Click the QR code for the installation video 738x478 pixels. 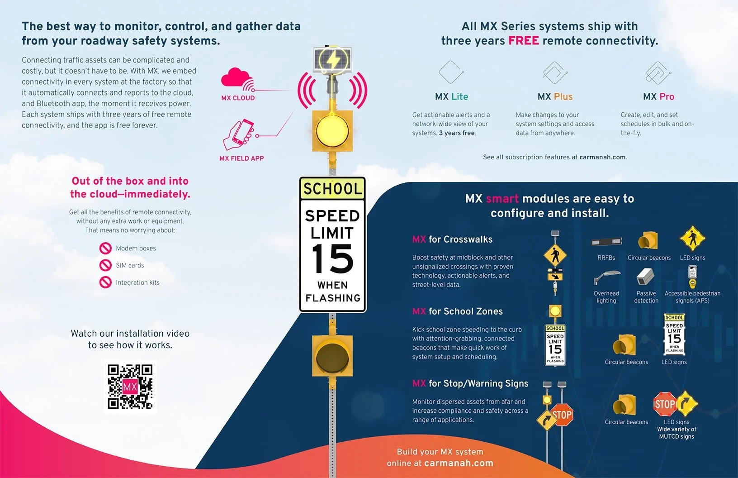coord(130,387)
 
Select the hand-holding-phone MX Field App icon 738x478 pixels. coord(238,134)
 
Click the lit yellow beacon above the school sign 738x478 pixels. coord(332,130)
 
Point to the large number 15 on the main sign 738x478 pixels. coord(332,258)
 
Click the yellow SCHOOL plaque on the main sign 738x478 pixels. coord(332,188)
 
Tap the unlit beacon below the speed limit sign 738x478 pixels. coord(332,356)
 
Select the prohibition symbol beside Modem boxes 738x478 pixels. coord(105,248)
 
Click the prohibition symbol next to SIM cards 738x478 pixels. coord(105,265)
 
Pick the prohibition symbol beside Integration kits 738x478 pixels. coord(105,282)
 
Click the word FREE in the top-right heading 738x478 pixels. coord(523,41)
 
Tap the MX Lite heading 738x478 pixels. coord(451,96)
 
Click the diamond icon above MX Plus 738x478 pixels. coord(555,72)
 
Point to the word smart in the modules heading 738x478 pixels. coord(502,199)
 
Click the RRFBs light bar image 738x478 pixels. coord(606,242)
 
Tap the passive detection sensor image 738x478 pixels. coord(645,277)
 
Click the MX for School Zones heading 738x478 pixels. coord(457,311)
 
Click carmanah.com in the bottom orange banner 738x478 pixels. coord(459,463)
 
